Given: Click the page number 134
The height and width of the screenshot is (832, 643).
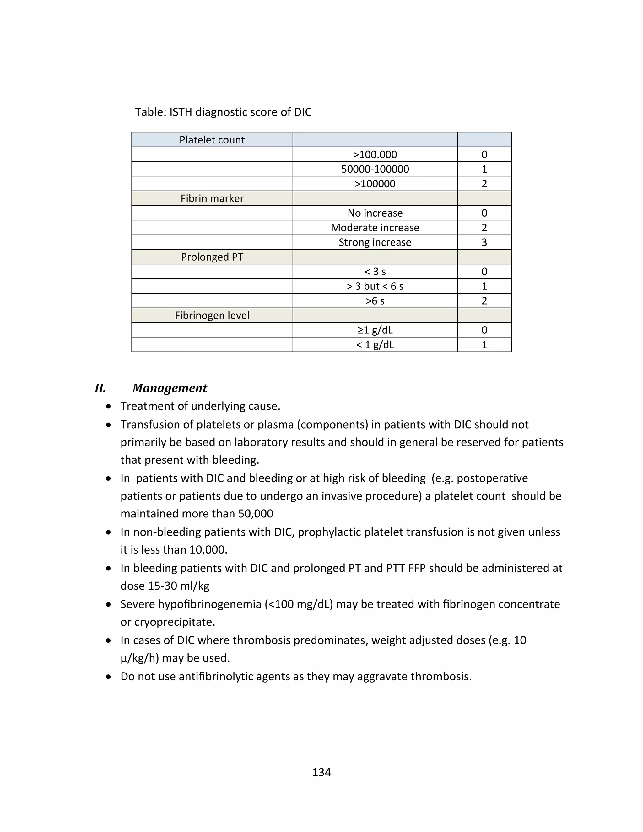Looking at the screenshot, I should (321, 772).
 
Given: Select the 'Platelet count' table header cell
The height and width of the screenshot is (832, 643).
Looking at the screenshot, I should (212, 140).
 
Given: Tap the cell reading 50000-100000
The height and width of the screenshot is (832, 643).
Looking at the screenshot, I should (375, 169).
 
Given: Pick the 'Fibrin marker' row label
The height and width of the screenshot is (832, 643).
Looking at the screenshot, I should (212, 198).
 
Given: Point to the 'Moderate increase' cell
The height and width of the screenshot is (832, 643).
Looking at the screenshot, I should (375, 228).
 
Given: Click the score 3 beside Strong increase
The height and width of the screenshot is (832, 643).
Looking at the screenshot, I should (484, 242).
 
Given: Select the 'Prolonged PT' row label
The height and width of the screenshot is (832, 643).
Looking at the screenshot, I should (212, 257).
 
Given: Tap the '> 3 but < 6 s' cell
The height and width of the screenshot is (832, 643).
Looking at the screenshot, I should (375, 286).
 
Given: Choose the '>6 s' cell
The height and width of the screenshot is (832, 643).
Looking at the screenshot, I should (375, 301).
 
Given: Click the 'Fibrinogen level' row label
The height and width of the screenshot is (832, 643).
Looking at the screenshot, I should (212, 316).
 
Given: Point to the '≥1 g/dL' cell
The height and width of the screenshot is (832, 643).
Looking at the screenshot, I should (375, 330).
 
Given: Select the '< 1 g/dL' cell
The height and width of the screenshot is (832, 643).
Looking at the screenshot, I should (375, 345).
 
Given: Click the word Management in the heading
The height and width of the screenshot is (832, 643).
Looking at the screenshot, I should (170, 388).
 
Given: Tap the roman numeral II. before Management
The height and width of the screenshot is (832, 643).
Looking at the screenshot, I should (100, 388).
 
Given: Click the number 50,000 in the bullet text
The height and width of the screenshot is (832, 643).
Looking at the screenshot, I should (256, 514).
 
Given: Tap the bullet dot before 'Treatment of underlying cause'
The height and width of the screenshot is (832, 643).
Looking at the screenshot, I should (109, 407).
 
